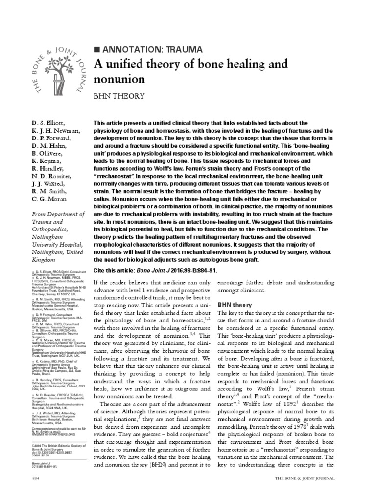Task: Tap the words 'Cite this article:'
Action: (x=120, y=271)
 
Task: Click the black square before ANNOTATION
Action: (x=96, y=49)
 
